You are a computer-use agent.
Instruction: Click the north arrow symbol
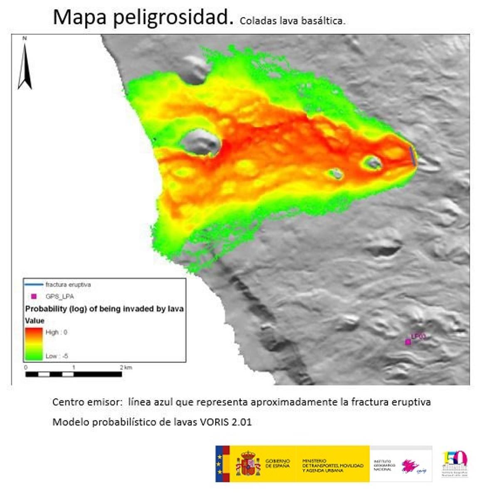(x=25, y=67)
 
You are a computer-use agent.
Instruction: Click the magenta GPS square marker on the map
(x=408, y=342)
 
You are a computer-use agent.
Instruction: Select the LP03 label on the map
(x=418, y=336)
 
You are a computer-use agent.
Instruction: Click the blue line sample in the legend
(x=34, y=285)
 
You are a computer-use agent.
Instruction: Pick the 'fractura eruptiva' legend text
(x=68, y=285)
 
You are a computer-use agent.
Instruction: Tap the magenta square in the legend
(x=34, y=296)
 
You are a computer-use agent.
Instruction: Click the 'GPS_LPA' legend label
(x=59, y=297)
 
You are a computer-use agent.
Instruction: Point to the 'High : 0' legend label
(x=56, y=332)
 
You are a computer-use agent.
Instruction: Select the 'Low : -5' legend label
(x=57, y=356)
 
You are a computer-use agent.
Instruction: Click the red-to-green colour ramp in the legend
(x=34, y=344)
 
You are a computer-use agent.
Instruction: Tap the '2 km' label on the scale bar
(x=126, y=367)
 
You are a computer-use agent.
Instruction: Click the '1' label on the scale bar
(x=74, y=367)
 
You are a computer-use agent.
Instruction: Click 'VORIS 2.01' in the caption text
(x=226, y=422)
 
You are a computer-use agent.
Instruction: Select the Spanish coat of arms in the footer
(x=248, y=464)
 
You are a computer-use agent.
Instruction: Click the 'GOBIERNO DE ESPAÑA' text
(x=277, y=464)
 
